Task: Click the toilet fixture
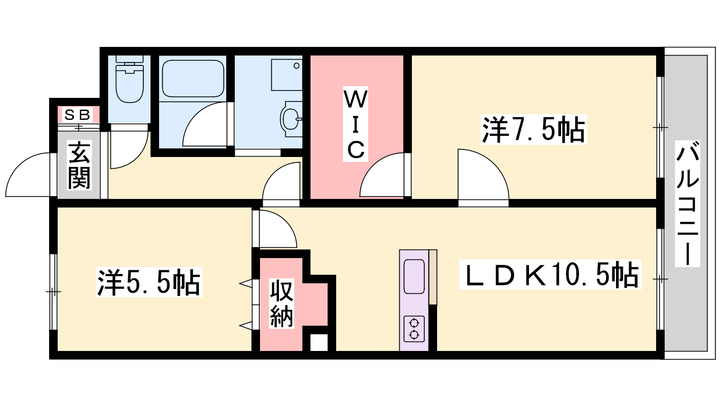click(129, 79)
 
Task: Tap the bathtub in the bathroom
click(193, 78)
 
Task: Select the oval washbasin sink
click(291, 119)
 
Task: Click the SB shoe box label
click(77, 115)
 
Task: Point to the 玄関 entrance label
click(79, 165)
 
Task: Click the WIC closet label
click(356, 124)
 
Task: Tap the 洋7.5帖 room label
click(534, 129)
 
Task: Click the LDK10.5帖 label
click(550, 275)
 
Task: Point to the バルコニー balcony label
click(688, 203)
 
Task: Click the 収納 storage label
click(282, 304)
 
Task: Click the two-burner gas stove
click(414, 329)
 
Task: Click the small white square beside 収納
click(319, 342)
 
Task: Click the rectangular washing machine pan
click(287, 75)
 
